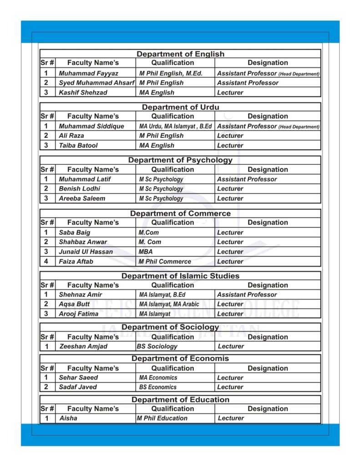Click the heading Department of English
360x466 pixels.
click(x=180, y=54)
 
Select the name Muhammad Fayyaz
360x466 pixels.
click(x=88, y=73)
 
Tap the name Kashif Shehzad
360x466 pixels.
click(x=83, y=92)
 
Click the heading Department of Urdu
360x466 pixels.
click(x=180, y=107)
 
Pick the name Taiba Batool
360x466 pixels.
click(x=78, y=146)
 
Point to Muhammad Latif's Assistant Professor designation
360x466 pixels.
click(x=247, y=179)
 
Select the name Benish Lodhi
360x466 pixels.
click(x=79, y=188)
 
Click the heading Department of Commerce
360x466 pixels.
click(x=180, y=213)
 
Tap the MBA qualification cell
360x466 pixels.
click(x=146, y=252)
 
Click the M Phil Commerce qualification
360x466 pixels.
click(x=165, y=262)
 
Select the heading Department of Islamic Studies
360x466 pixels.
click(x=180, y=276)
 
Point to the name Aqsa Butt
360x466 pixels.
click(x=74, y=304)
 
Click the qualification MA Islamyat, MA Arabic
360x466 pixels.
click(x=169, y=304)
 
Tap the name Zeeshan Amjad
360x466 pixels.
click(x=83, y=346)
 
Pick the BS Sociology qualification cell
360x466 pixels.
click(x=157, y=346)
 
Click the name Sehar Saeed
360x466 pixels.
click(x=78, y=378)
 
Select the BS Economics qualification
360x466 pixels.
click(x=157, y=387)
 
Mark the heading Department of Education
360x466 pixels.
click(x=180, y=400)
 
